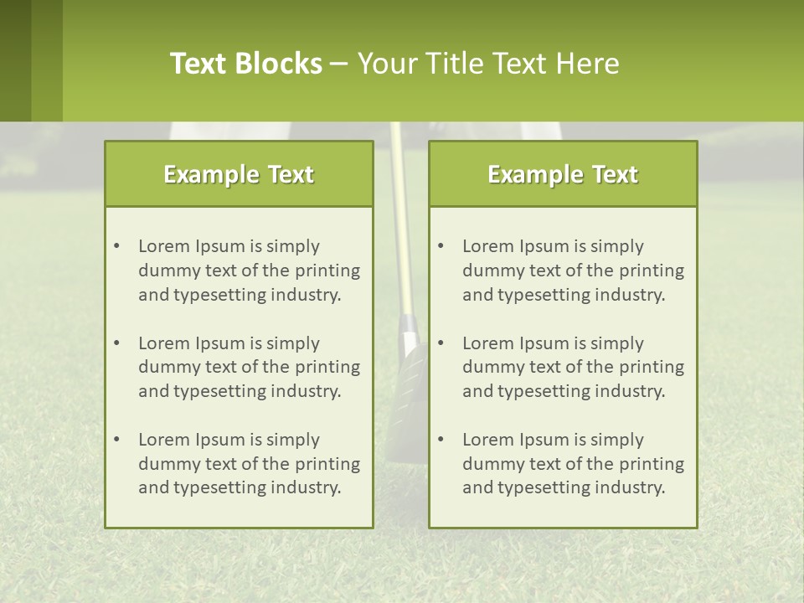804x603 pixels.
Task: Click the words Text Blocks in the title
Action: (245, 64)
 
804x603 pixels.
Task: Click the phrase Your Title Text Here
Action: (488, 64)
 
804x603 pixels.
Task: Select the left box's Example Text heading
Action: (239, 174)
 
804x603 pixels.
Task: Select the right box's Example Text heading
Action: (563, 174)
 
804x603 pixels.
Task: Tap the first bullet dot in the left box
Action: (116, 246)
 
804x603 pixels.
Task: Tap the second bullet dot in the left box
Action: (116, 343)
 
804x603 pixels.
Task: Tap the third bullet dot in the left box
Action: (116, 440)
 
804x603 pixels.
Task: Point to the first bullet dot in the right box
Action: (441, 246)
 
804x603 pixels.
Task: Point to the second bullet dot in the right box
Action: (441, 343)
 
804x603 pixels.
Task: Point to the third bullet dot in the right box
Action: (441, 440)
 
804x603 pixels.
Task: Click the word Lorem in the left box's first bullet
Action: (163, 246)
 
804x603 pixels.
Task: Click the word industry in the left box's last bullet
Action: (305, 487)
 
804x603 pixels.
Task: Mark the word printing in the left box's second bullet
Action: (329, 367)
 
